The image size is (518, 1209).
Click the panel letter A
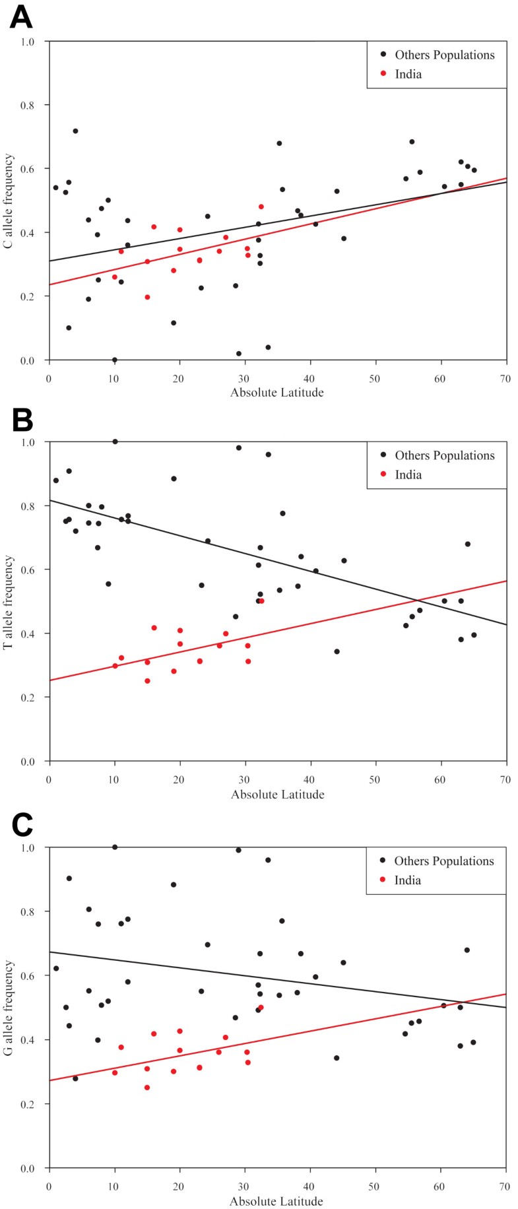(20, 16)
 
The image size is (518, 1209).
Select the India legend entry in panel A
(408, 74)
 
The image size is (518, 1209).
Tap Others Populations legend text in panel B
(444, 455)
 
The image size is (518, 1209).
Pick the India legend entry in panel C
(407, 880)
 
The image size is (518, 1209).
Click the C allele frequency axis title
(9, 201)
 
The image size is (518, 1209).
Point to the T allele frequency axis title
(9, 602)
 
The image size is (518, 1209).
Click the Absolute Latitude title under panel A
(277, 393)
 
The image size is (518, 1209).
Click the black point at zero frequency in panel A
(115, 360)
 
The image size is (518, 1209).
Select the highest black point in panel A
(75, 131)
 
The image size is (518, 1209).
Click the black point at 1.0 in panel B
(115, 441)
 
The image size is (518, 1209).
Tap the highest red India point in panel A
(261, 207)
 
